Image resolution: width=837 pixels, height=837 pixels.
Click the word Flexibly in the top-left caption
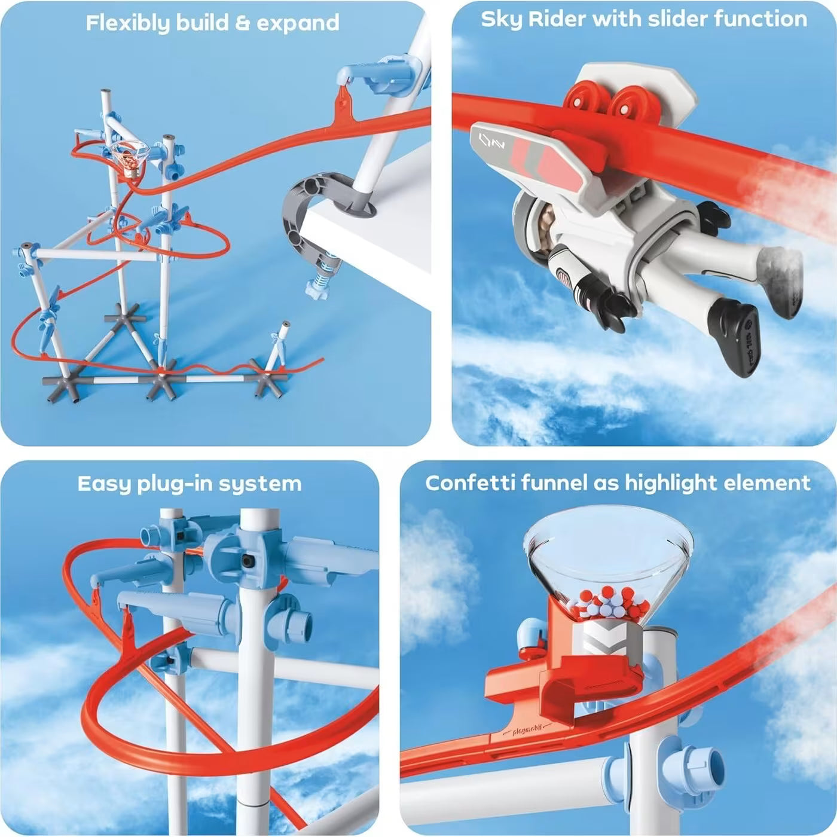(127, 23)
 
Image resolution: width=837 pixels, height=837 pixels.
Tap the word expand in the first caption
(298, 23)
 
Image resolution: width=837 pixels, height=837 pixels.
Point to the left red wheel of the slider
(583, 102)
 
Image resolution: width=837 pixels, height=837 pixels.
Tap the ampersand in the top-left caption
(239, 23)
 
